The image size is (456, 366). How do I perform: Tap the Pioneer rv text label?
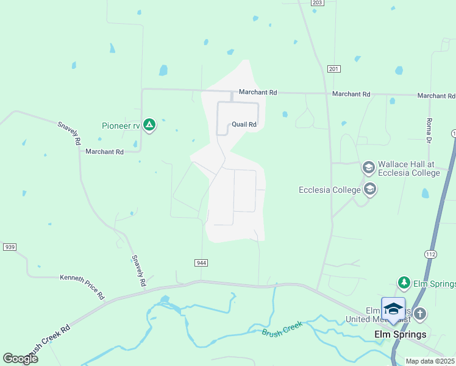[121, 126]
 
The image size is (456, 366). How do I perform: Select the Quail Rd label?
[244, 124]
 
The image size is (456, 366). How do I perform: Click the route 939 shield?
[9, 247]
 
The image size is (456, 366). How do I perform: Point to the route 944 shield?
[202, 262]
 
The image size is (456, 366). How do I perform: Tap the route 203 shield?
[316, 3]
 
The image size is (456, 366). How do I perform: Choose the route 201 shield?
[332, 68]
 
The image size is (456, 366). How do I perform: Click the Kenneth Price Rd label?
[82, 286]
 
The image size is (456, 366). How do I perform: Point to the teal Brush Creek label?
[282, 329]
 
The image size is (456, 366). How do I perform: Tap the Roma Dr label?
[429, 131]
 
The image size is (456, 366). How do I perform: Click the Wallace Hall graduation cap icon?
[368, 167]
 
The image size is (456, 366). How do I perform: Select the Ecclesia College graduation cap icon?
[369, 190]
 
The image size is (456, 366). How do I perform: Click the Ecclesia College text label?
[330, 190]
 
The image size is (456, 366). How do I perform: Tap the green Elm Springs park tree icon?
[404, 283]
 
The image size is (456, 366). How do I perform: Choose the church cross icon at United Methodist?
[419, 315]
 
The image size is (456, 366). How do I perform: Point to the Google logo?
[20, 358]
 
